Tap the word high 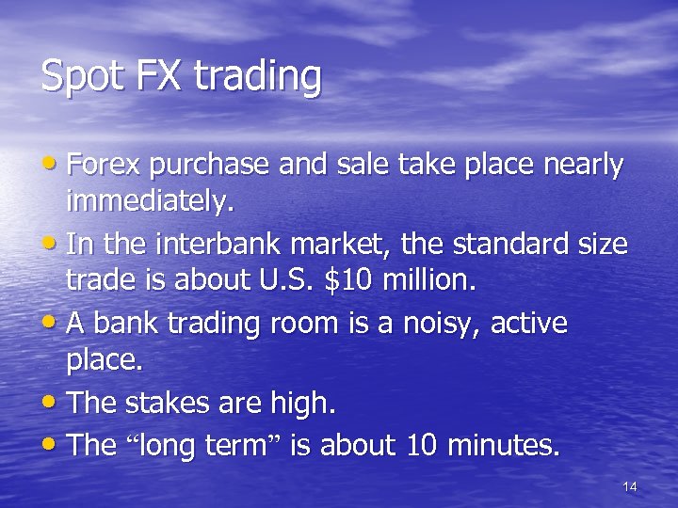coord(301,405)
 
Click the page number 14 coord(630,486)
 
